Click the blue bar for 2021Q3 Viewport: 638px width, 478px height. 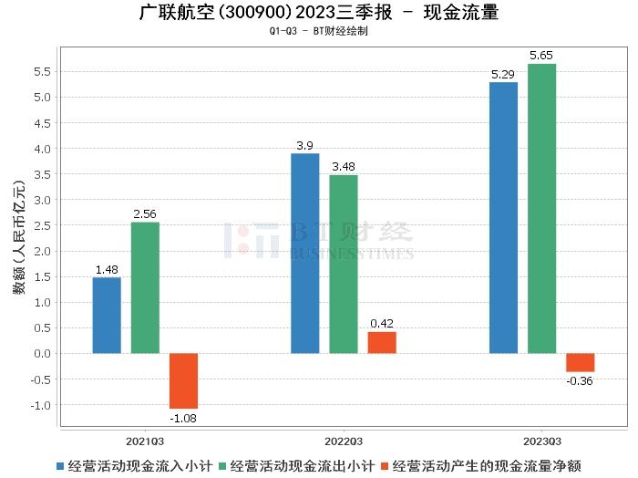pos(107,315)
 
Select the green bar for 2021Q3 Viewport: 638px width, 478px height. pos(145,287)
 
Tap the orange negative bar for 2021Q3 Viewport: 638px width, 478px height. pos(183,380)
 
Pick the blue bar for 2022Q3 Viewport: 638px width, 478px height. pos(305,253)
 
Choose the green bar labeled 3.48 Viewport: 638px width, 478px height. pos(344,264)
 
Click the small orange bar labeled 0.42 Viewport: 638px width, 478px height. pos(382,342)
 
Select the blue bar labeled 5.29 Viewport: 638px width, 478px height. pos(503,217)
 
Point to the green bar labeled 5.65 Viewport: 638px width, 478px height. pos(541,208)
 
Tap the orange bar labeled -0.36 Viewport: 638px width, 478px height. pos(580,362)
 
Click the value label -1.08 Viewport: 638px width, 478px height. pos(183,418)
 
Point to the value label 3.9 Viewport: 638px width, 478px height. pos(305,146)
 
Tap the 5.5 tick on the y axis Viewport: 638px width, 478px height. pos(42,72)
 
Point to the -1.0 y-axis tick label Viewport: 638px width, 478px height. pos(40,405)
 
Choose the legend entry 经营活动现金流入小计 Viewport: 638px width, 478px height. pos(133,465)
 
